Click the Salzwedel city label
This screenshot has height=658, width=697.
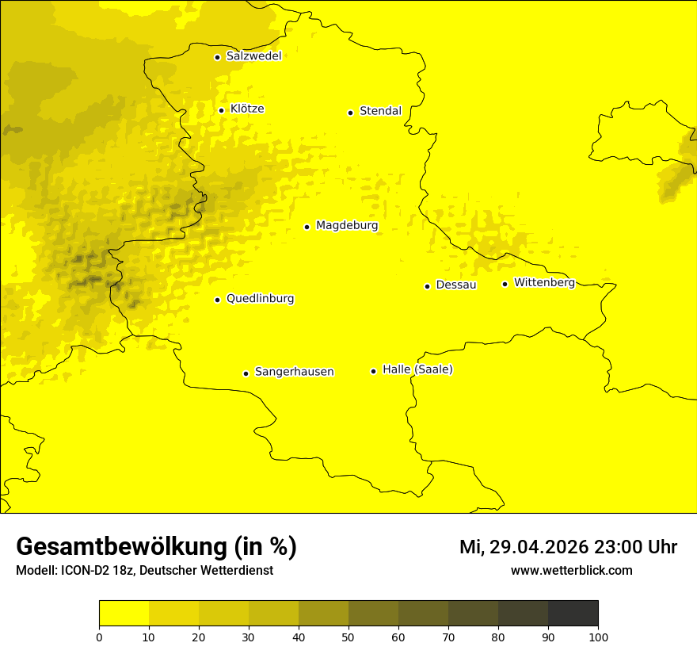point(253,56)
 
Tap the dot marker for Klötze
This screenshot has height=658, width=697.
point(221,110)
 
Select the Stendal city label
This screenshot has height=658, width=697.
point(380,111)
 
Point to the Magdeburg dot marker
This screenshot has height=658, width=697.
point(307,227)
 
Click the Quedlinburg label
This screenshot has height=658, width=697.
point(260,299)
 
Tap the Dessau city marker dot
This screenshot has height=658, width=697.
point(427,286)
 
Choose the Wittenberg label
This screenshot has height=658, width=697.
point(544,283)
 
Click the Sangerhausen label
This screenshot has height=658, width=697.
point(294,372)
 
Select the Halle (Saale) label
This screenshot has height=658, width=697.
point(417,369)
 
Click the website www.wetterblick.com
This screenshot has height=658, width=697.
point(571,570)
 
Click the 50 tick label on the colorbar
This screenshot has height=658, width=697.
point(348,637)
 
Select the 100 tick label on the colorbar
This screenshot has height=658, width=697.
point(598,637)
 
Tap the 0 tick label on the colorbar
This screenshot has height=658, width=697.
point(99,637)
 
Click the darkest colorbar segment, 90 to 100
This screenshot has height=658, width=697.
point(573,613)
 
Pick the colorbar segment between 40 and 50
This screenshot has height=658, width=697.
point(323,613)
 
